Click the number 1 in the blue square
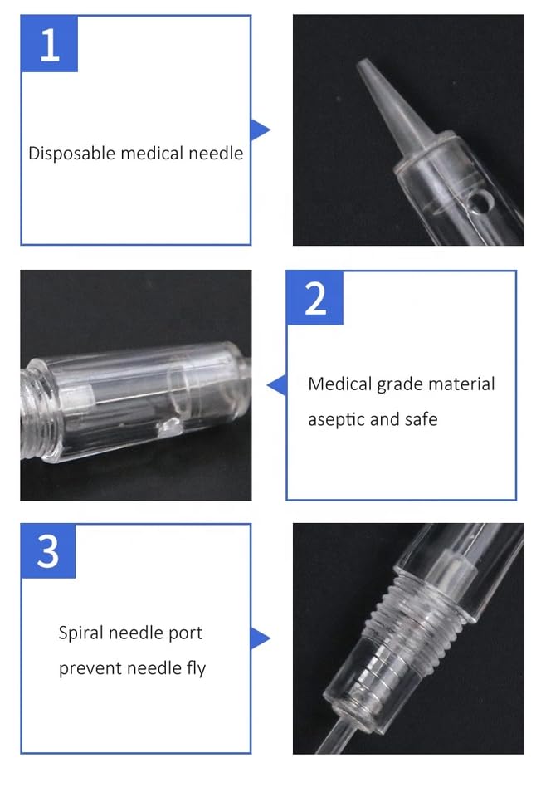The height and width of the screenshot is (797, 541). [x=49, y=44]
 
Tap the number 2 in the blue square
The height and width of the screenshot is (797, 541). [x=315, y=297]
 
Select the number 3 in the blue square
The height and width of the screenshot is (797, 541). [x=48, y=550]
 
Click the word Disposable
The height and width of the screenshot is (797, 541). [x=72, y=154]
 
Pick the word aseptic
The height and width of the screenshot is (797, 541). [x=335, y=420]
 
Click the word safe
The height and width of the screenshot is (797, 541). [x=420, y=419]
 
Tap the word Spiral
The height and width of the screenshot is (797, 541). [x=83, y=633]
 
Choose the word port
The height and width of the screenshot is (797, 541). [x=186, y=634]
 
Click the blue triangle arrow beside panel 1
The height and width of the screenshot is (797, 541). [x=260, y=130]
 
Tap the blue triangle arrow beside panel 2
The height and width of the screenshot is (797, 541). [x=277, y=384]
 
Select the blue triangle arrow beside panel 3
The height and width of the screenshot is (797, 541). [x=260, y=638]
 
